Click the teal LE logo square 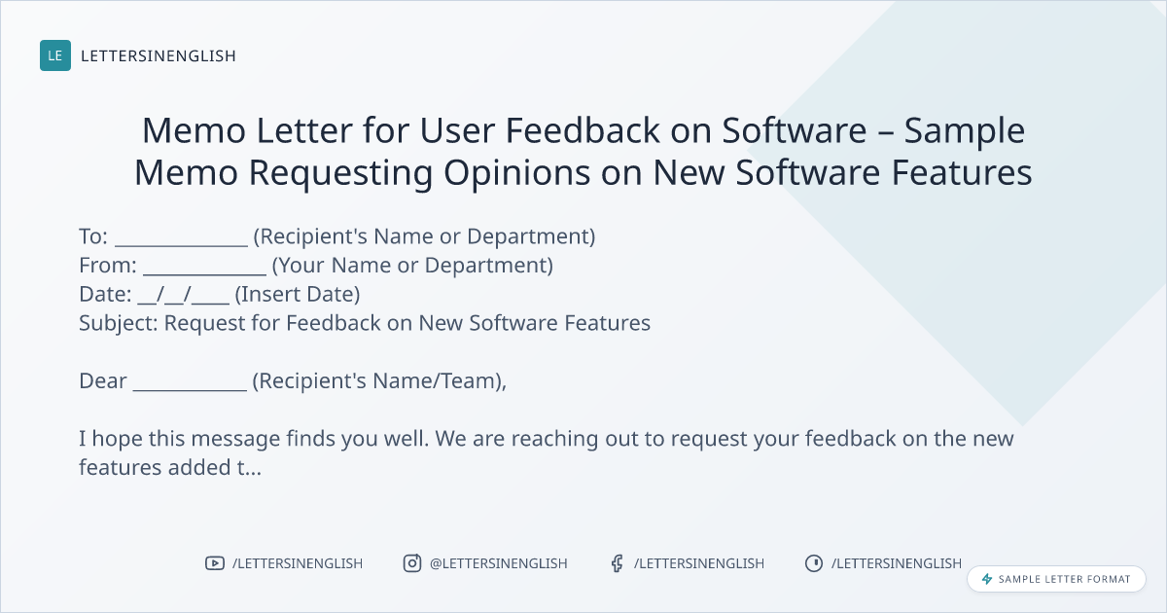coord(55,55)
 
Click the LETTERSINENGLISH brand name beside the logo coord(159,55)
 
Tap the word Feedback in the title coord(583,129)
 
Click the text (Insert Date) coord(298,295)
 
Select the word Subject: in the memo coord(119,324)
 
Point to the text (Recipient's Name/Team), coord(379,381)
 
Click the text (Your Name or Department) coord(412,266)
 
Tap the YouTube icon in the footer coord(215,563)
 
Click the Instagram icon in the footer coord(412,563)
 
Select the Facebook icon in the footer coord(618,563)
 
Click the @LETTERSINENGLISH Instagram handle coord(499,563)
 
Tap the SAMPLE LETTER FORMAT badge coord(1056,579)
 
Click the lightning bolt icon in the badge coord(987,579)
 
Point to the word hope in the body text coord(117,439)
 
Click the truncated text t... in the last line coord(249,468)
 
